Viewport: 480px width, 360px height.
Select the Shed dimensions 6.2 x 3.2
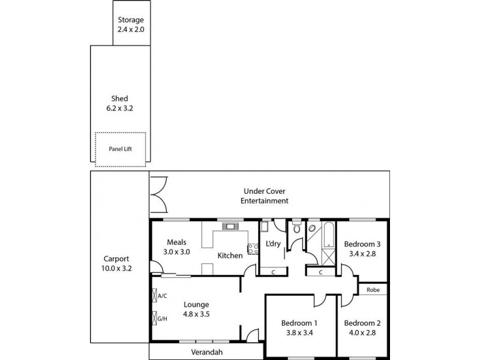120,109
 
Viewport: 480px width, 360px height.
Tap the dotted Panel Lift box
120,148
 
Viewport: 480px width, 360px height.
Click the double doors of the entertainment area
158,195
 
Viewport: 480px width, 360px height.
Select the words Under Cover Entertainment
265,196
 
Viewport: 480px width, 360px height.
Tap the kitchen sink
229,227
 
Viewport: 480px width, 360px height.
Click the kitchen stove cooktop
253,248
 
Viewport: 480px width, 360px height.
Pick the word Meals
176,242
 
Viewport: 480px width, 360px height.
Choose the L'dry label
272,245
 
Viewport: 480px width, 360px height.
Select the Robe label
373,289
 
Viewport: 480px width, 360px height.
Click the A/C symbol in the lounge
160,295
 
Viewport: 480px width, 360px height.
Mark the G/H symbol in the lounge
160,318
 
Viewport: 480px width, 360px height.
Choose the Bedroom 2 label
363,322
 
